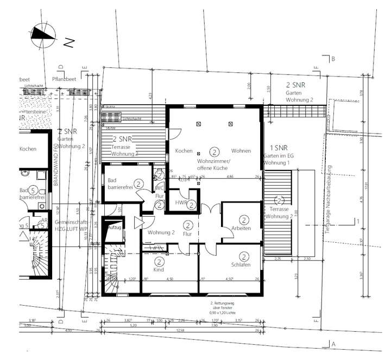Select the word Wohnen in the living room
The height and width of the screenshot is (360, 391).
coord(241,150)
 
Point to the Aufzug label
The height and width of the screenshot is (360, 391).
coord(115,228)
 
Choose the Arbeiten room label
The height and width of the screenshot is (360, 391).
coord(241,229)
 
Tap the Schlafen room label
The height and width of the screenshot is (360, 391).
coord(241,264)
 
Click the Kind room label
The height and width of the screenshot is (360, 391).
coord(158,269)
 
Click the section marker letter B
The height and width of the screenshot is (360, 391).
coord(334,59)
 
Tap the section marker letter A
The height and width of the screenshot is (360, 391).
coord(333,344)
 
